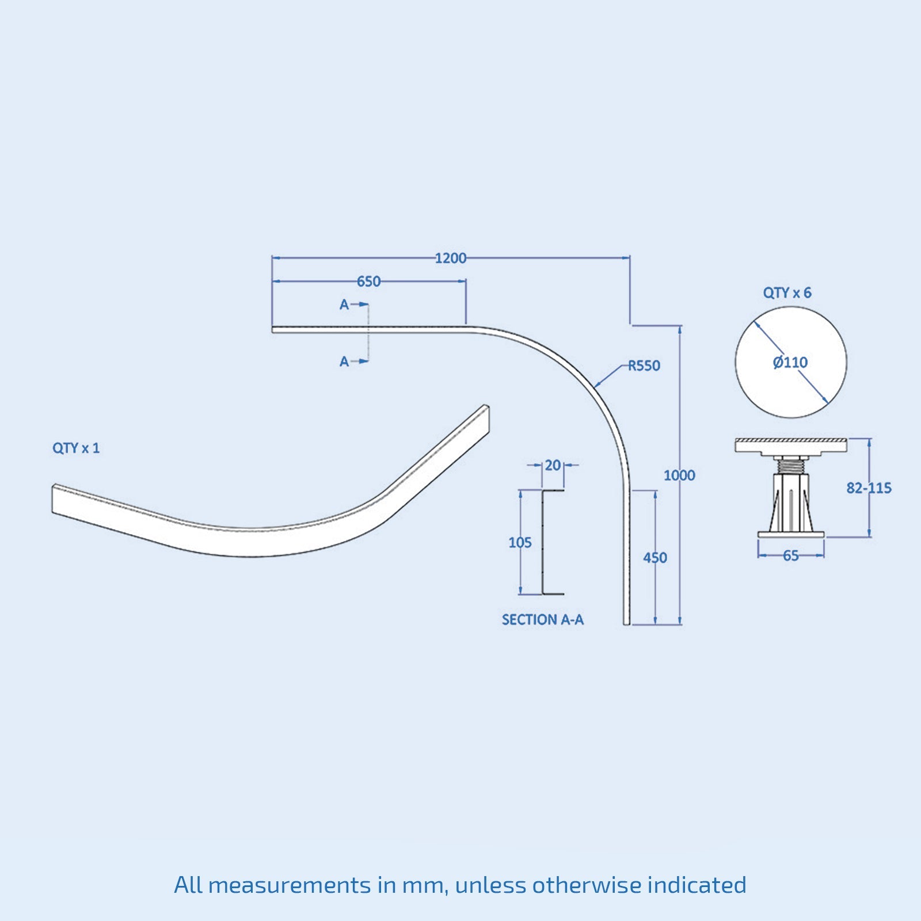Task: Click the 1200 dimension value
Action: point(450,258)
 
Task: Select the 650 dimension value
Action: point(368,281)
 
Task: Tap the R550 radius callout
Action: point(644,366)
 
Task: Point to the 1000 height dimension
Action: point(679,475)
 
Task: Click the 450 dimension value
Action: point(655,558)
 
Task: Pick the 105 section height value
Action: point(520,542)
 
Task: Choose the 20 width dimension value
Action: point(553,465)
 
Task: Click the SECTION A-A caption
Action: point(542,619)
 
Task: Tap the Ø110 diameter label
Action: point(790,363)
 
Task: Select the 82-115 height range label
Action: point(869,488)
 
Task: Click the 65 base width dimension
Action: point(790,555)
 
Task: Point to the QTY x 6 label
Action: point(787,293)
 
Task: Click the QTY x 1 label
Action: point(76,448)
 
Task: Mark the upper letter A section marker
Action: point(344,305)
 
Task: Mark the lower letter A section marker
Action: point(344,361)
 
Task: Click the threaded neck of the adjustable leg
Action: point(790,465)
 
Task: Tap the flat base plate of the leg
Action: point(790,535)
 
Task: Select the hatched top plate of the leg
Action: point(790,444)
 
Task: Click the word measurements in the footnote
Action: point(289,885)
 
